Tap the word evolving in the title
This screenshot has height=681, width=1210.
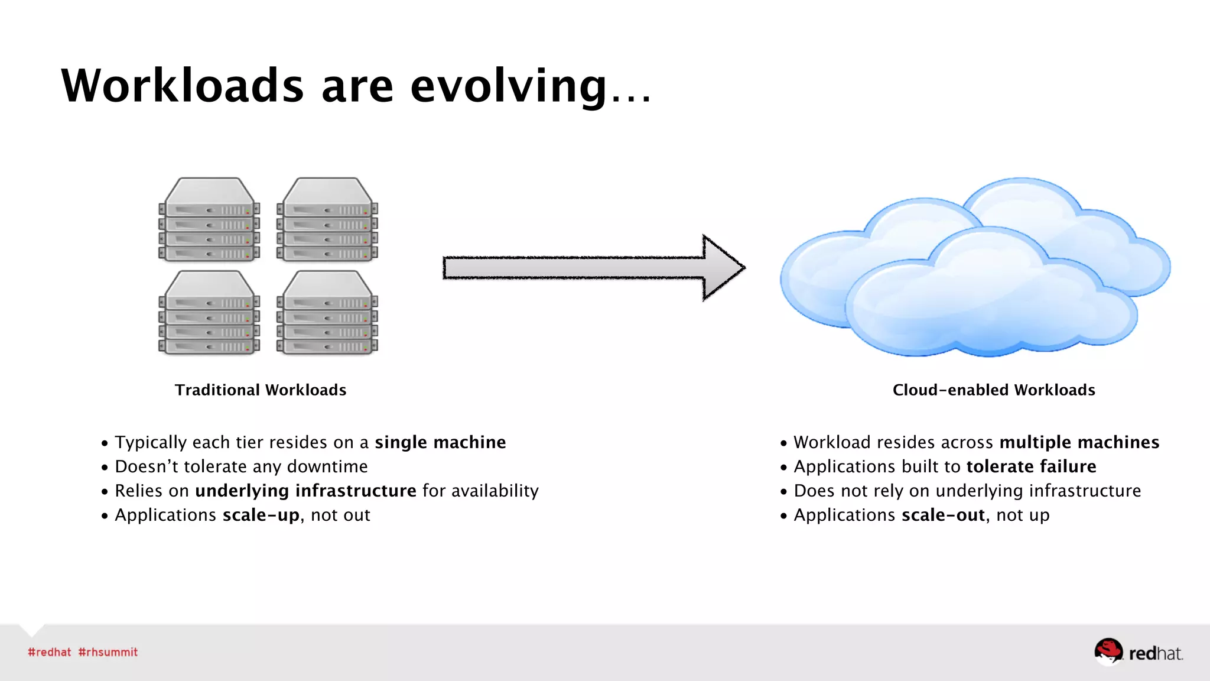tap(508, 86)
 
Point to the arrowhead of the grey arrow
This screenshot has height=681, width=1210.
tap(723, 268)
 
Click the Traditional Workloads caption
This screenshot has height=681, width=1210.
tap(261, 390)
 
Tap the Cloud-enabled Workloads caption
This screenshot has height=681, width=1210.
tap(994, 390)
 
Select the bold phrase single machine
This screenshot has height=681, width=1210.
tap(440, 442)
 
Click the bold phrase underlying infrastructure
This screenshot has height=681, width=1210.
tap(305, 491)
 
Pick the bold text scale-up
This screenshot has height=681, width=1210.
tap(261, 515)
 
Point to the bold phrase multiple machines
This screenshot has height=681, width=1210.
tap(1079, 442)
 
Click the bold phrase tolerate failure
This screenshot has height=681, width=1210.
tap(1031, 466)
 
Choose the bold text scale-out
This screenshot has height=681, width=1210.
tap(943, 515)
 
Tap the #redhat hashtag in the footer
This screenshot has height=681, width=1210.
tap(50, 652)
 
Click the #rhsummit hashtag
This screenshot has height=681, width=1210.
tap(108, 652)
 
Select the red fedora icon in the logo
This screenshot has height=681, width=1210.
tap(1108, 650)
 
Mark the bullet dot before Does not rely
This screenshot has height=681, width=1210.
tap(783, 492)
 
